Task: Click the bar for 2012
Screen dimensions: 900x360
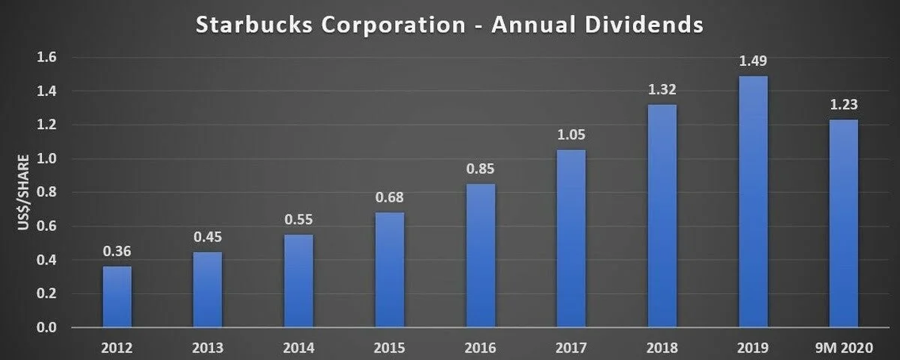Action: pyautogui.click(x=117, y=296)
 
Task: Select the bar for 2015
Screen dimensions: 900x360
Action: pyautogui.click(x=390, y=269)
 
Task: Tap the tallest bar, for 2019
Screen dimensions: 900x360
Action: pyautogui.click(x=753, y=201)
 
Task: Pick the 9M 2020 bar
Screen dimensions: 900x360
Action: pyautogui.click(x=844, y=223)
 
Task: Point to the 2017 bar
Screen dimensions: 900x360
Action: pyautogui.click(x=571, y=238)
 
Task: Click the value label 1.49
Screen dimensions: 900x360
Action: pyautogui.click(x=753, y=61)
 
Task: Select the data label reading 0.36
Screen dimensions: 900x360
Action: pyautogui.click(x=117, y=251)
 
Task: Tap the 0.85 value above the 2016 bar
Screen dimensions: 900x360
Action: pyautogui.click(x=481, y=169)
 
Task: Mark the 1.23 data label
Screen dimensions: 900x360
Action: pyautogui.click(x=844, y=105)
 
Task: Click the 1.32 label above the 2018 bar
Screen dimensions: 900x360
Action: pyautogui.click(x=662, y=89)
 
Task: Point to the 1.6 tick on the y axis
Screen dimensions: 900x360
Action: pyautogui.click(x=46, y=58)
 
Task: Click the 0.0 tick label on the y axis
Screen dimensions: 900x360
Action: pyautogui.click(x=46, y=328)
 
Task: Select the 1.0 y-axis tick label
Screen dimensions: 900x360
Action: pyautogui.click(x=46, y=159)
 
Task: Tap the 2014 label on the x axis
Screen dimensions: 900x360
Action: pyautogui.click(x=298, y=347)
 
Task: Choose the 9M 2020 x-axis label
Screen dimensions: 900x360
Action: pyautogui.click(x=844, y=347)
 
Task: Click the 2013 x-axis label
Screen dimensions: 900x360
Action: pyautogui.click(x=208, y=347)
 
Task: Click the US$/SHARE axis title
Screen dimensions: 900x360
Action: pyautogui.click(x=23, y=193)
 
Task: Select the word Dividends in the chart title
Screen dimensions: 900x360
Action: pyautogui.click(x=643, y=25)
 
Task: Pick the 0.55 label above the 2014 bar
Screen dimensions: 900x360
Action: pyautogui.click(x=298, y=220)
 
